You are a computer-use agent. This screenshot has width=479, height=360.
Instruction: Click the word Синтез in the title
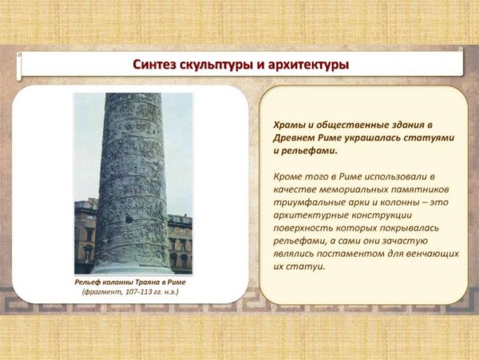(156, 64)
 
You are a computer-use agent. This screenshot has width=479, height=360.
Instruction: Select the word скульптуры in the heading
(222, 64)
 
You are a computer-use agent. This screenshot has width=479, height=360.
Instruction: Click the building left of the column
(86, 231)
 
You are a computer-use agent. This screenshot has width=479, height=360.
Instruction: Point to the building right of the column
(180, 239)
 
